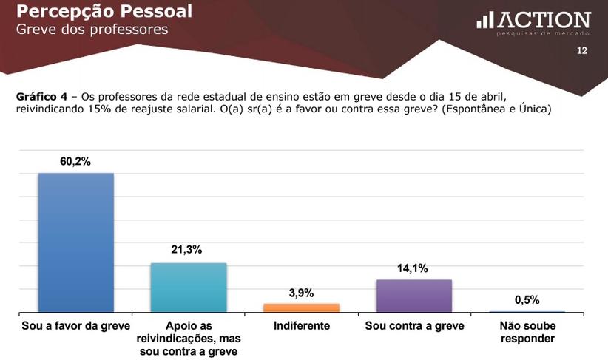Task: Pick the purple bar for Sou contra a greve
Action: point(414,296)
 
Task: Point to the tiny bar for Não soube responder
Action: point(527,311)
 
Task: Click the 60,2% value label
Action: point(75,161)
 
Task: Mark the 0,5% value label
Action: point(527,299)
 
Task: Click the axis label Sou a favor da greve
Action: point(75,326)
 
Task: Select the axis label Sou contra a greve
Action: point(414,326)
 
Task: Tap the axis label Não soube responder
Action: point(527,332)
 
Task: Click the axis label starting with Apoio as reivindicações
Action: point(188,338)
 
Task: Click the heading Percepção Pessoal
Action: point(104,11)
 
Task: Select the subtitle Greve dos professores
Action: point(92,30)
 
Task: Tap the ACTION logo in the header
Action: point(533,21)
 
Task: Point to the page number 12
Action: point(581,51)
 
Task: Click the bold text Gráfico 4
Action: point(45,97)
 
